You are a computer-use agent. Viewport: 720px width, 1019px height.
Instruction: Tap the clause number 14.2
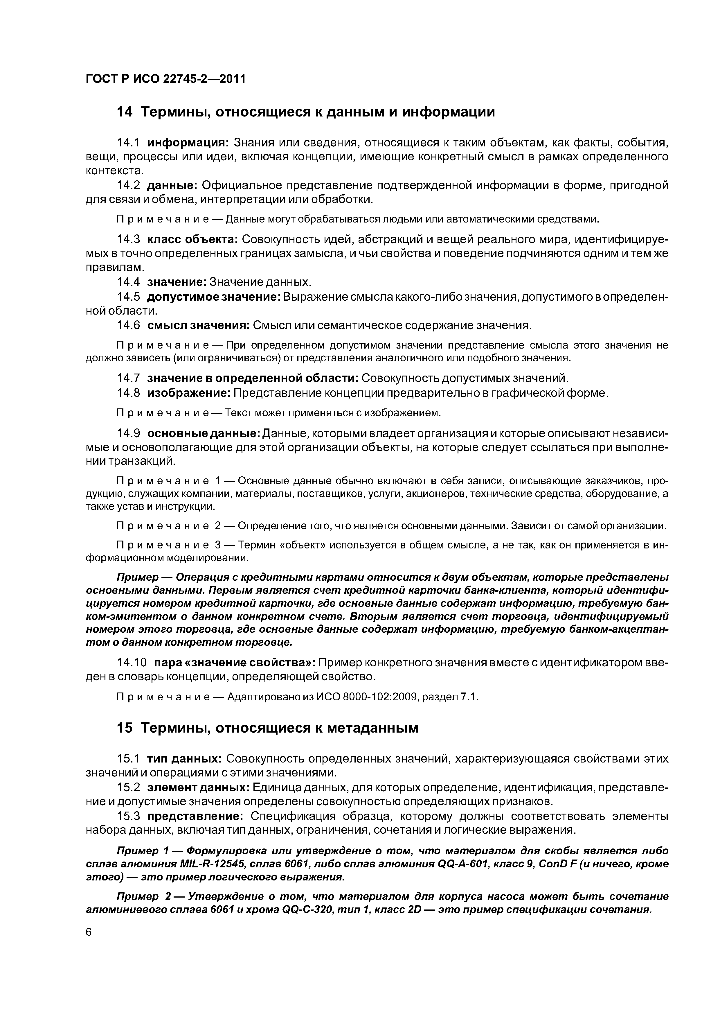tap(128, 185)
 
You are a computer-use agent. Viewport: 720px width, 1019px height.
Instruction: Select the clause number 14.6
tap(128, 325)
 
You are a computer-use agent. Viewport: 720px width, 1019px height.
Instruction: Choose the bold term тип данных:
tap(185, 758)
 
